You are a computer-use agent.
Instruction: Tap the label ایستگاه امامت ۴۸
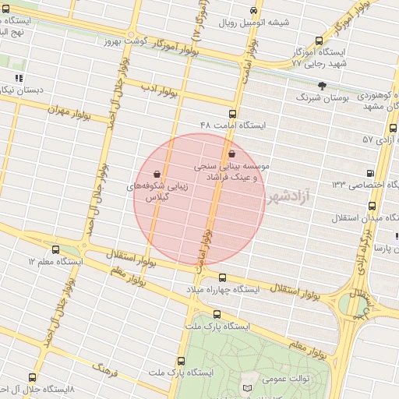tap(233, 125)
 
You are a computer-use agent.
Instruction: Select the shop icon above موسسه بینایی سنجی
tap(233, 154)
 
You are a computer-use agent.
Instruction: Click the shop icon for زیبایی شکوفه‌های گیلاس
tap(158, 174)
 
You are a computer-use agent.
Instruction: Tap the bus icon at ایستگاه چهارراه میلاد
tap(222, 277)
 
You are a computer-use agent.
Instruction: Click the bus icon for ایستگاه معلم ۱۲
tap(55, 249)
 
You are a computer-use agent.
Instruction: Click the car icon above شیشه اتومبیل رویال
tap(255, 10)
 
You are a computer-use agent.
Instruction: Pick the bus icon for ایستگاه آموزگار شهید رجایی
tap(318, 41)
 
